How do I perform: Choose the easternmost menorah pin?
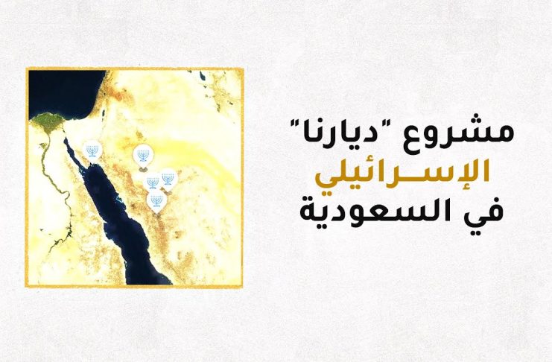168,180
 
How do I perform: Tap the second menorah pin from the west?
143,156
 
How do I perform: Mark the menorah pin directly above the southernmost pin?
152,182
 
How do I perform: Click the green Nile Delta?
48,122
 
